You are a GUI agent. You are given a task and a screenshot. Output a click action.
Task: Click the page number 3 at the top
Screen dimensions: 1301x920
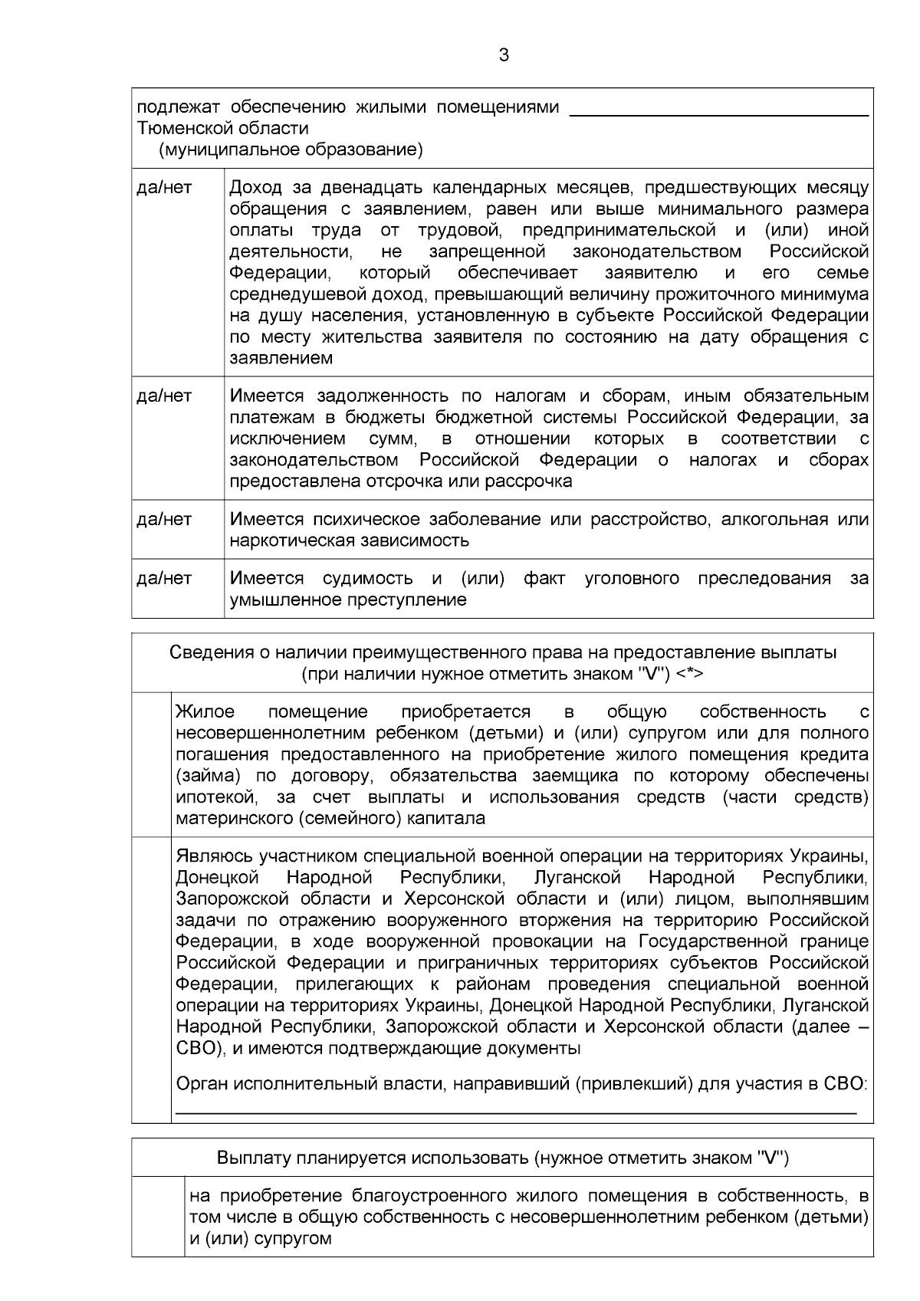pyautogui.click(x=503, y=55)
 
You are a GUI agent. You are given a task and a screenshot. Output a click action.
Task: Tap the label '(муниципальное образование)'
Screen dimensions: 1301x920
pyautogui.click(x=291, y=149)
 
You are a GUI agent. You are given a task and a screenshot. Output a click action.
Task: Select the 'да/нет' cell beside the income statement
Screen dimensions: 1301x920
pyautogui.click(x=164, y=188)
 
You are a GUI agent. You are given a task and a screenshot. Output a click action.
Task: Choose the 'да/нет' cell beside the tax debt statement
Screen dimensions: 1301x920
pyautogui.click(x=164, y=396)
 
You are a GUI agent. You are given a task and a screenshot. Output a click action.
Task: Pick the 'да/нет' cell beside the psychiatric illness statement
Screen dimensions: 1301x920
pyautogui.click(x=164, y=520)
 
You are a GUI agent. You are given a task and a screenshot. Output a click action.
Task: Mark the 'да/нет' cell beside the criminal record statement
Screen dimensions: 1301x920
pyautogui.click(x=164, y=579)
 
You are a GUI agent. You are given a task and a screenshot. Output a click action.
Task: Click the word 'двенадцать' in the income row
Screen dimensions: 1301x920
pyautogui.click(x=369, y=188)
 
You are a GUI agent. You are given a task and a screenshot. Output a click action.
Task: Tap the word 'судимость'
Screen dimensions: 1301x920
pyautogui.click(x=367, y=579)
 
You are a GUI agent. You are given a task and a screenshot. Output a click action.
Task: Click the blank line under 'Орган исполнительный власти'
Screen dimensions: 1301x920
pyautogui.click(x=515, y=1110)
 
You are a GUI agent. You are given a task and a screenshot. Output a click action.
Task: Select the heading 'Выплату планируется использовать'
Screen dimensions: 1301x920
pyautogui.click(x=502, y=1158)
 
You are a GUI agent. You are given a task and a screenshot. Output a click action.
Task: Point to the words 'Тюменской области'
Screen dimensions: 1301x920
pyautogui.click(x=222, y=128)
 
